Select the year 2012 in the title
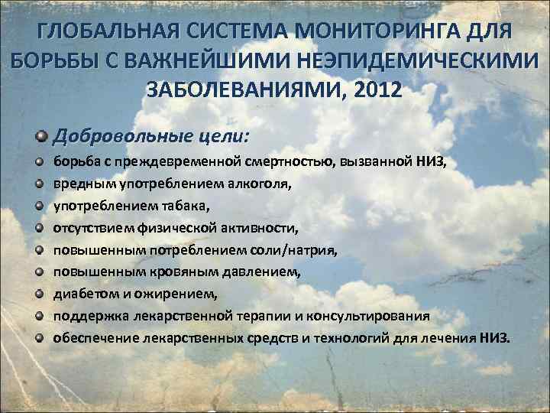(x=373, y=90)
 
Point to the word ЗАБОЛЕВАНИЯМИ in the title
(x=244, y=90)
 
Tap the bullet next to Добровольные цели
(x=40, y=135)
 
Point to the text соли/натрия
(x=296, y=249)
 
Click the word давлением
(x=260, y=272)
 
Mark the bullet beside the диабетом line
(x=39, y=294)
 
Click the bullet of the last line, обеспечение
(x=39, y=337)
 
